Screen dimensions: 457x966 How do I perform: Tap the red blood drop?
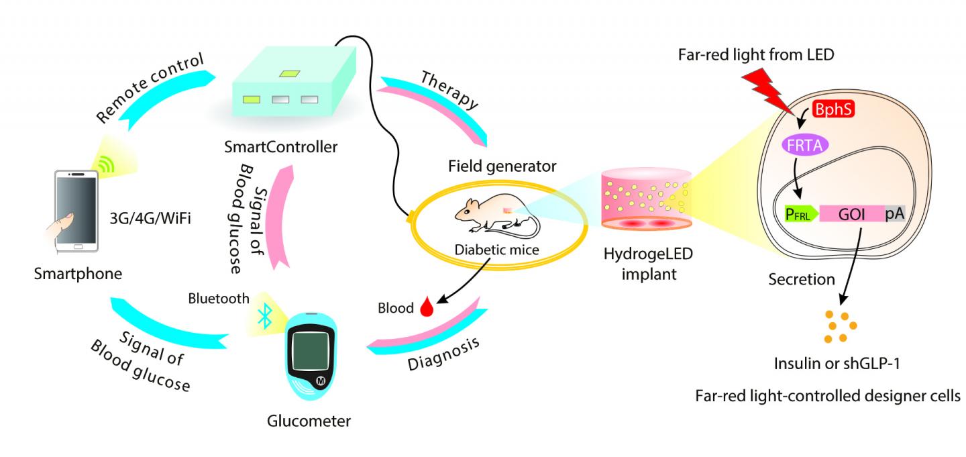click(x=425, y=308)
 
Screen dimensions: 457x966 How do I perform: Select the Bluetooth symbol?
click(x=265, y=315)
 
